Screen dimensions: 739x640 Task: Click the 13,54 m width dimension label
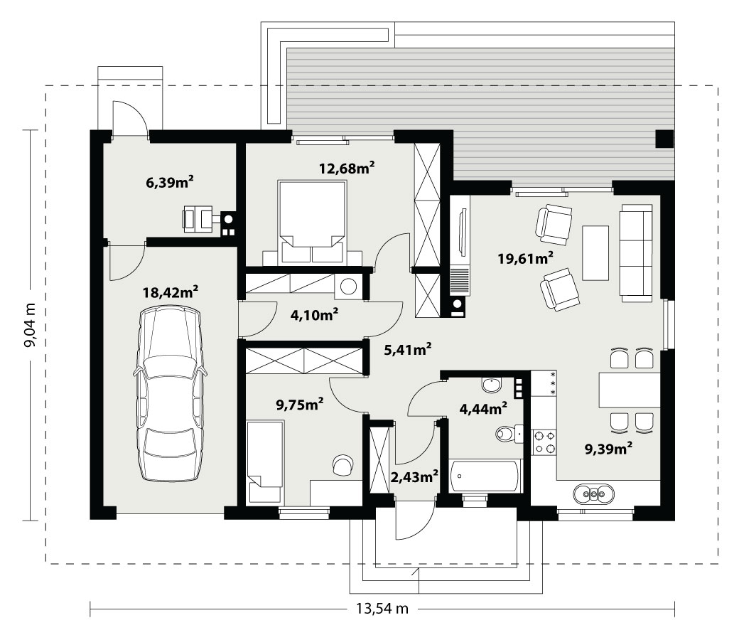382,609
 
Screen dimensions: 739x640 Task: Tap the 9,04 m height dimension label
30,326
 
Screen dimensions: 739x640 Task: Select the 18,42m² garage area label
170,292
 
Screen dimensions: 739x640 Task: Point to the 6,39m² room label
170,182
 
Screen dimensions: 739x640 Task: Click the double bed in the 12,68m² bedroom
312,222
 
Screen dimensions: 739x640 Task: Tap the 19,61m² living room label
526,258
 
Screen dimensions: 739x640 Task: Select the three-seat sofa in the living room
636,252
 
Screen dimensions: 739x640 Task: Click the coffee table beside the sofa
595,252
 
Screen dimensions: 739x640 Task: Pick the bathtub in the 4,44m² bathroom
485,476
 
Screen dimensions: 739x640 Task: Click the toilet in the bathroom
509,434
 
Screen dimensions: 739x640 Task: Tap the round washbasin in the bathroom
492,385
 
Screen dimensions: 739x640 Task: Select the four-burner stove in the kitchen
544,442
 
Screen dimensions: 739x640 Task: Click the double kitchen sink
594,494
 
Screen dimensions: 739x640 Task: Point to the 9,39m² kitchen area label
608,448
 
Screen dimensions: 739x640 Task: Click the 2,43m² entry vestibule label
414,477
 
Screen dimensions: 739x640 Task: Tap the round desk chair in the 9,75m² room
342,465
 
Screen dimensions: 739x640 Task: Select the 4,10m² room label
314,314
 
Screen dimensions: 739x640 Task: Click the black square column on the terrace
664,139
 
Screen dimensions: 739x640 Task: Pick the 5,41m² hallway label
408,349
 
